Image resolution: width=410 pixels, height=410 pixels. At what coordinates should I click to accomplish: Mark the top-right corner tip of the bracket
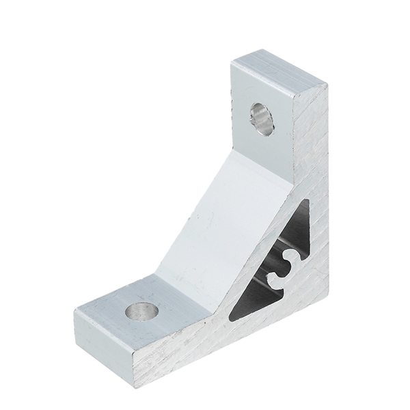[327, 88]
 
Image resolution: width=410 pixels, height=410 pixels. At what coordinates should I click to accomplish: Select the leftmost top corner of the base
[75, 311]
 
